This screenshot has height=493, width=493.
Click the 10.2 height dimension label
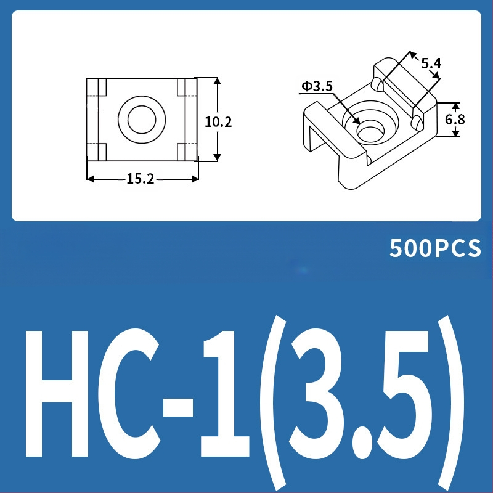[218, 122]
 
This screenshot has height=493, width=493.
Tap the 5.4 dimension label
[431, 62]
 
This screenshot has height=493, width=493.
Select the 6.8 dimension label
[455, 119]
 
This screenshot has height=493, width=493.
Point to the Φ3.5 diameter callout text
[317, 86]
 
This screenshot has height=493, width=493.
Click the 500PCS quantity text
[434, 248]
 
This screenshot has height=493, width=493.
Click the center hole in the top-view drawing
[142, 118]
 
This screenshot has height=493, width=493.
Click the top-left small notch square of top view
[102, 87]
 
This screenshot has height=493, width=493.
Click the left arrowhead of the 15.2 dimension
[89, 179]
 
